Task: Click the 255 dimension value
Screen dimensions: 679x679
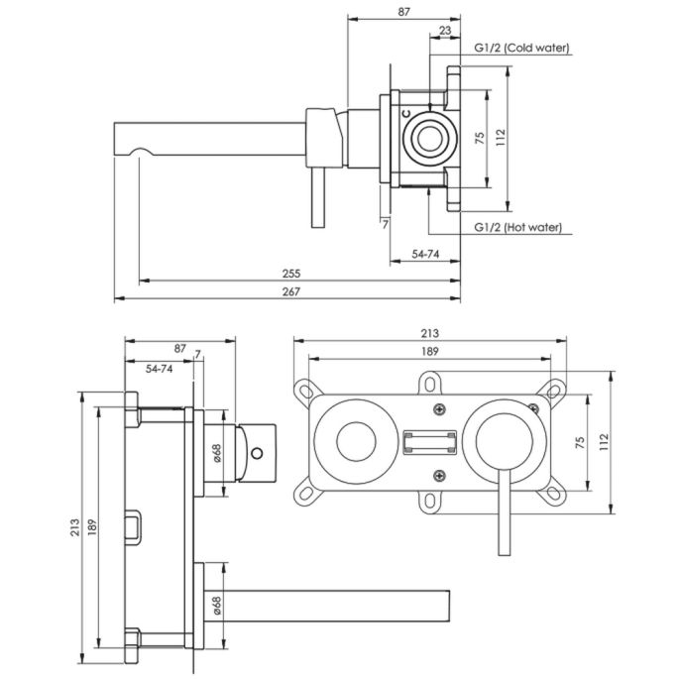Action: [x=290, y=273]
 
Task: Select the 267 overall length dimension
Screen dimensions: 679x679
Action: [x=290, y=290]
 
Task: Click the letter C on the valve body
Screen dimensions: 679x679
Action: [x=406, y=114]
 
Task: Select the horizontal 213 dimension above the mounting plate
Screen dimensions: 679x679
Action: [x=429, y=333]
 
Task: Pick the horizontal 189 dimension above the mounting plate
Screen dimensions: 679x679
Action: [x=429, y=350]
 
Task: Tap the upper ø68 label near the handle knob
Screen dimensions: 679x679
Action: [x=217, y=453]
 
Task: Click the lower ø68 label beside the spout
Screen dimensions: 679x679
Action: [x=217, y=603]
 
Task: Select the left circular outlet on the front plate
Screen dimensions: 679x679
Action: [x=353, y=439]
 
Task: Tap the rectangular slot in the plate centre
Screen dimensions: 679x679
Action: [x=430, y=440]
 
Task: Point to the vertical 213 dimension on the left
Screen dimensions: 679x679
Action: [x=76, y=529]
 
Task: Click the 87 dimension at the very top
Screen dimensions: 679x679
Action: [x=402, y=12]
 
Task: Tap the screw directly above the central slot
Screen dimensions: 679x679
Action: [x=437, y=408]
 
